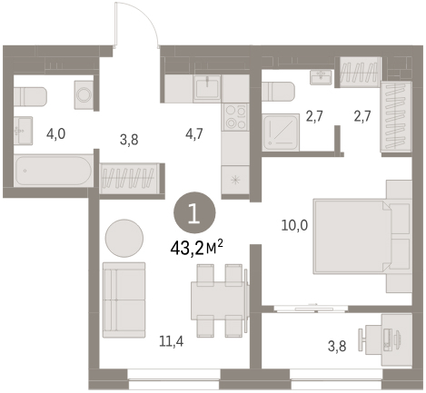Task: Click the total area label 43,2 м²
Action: point(196,249)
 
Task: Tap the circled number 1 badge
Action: point(194,212)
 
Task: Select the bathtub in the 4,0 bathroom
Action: point(54,171)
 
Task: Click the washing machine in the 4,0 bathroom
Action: point(84,95)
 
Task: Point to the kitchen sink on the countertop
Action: point(207,87)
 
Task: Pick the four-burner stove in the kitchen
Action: point(235,117)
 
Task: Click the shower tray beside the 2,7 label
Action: point(281,133)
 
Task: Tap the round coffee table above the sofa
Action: point(124,238)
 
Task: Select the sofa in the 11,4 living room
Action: point(124,300)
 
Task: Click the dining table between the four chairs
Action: point(220,300)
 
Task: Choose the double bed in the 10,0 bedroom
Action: point(353,236)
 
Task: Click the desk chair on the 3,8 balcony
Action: point(362,339)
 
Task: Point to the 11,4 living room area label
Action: point(172,341)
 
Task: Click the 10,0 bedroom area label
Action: point(294,225)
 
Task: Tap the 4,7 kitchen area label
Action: point(194,133)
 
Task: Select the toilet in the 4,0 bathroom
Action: point(30,96)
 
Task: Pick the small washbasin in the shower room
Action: point(321,77)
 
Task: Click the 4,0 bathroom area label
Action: point(55,133)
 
